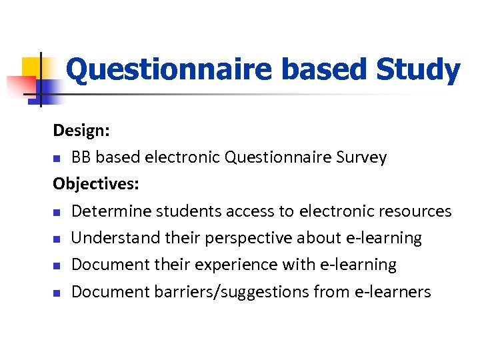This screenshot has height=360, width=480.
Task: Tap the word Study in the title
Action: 418,70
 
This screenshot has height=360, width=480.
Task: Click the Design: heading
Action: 82,130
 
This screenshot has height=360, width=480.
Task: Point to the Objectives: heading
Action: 94,183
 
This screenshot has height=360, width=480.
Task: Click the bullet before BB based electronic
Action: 58,159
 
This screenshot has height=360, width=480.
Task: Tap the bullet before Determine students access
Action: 58,212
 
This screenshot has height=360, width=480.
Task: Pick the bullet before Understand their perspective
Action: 58,239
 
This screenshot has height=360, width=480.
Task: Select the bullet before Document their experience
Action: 58,265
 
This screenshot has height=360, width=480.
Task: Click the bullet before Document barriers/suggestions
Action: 58,292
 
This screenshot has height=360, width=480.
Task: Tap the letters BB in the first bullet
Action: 81,157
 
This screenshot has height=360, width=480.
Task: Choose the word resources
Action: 415,211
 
